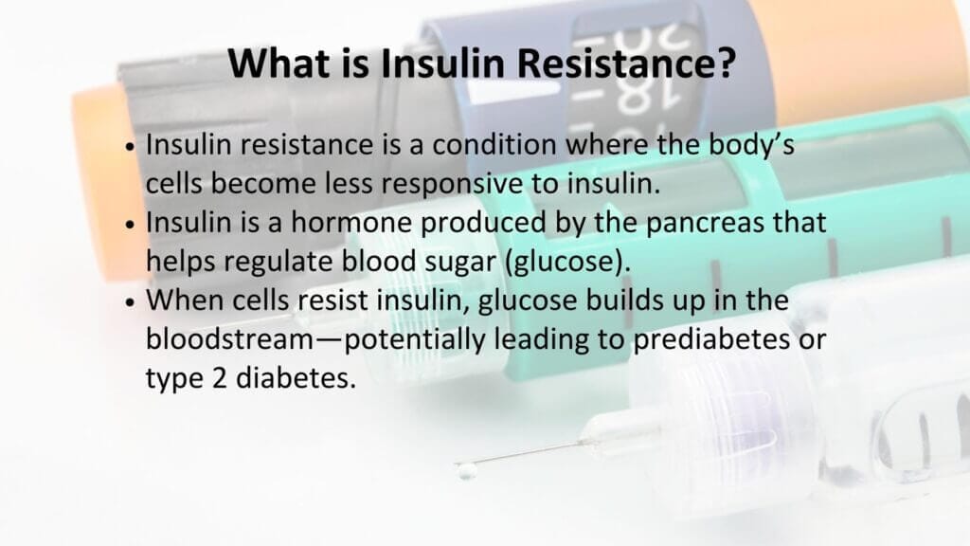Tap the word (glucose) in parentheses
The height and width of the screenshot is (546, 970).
click(x=568, y=263)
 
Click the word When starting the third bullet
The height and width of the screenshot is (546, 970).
click(x=185, y=300)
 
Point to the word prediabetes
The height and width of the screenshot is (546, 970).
click(x=711, y=339)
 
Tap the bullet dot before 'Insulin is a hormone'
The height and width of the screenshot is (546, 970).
click(x=129, y=224)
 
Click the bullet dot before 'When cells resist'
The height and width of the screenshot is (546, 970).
click(x=129, y=302)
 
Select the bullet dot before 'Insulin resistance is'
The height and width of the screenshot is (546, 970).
click(x=129, y=147)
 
